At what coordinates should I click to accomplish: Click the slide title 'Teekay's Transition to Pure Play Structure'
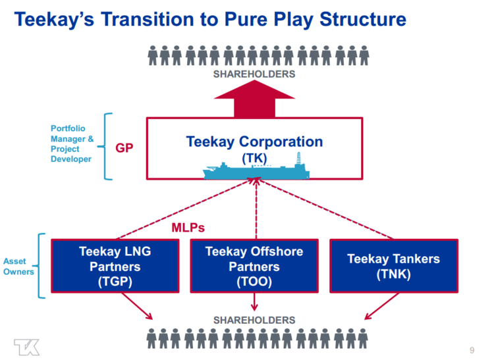tap(210, 19)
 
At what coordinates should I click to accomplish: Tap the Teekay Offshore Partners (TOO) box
tap(254, 266)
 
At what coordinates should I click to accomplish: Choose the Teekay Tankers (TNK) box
tap(393, 266)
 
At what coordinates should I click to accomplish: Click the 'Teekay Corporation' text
tap(254, 141)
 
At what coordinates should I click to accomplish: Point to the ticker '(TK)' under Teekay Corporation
tap(254, 158)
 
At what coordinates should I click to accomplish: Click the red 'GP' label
tap(124, 148)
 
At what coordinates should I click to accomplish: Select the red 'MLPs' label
tap(188, 228)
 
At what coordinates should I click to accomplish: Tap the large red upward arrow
tap(254, 100)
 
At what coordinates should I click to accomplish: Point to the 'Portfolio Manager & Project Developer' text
tap(72, 143)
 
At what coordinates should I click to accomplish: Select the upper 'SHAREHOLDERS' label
tap(254, 74)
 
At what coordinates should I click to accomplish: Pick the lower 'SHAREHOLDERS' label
tap(254, 320)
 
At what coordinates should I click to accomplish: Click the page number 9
tap(472, 349)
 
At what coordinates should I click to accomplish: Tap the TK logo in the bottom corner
tap(26, 347)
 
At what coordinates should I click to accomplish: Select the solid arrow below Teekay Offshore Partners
tap(254, 301)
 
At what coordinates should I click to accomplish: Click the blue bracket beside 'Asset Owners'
tap(41, 265)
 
